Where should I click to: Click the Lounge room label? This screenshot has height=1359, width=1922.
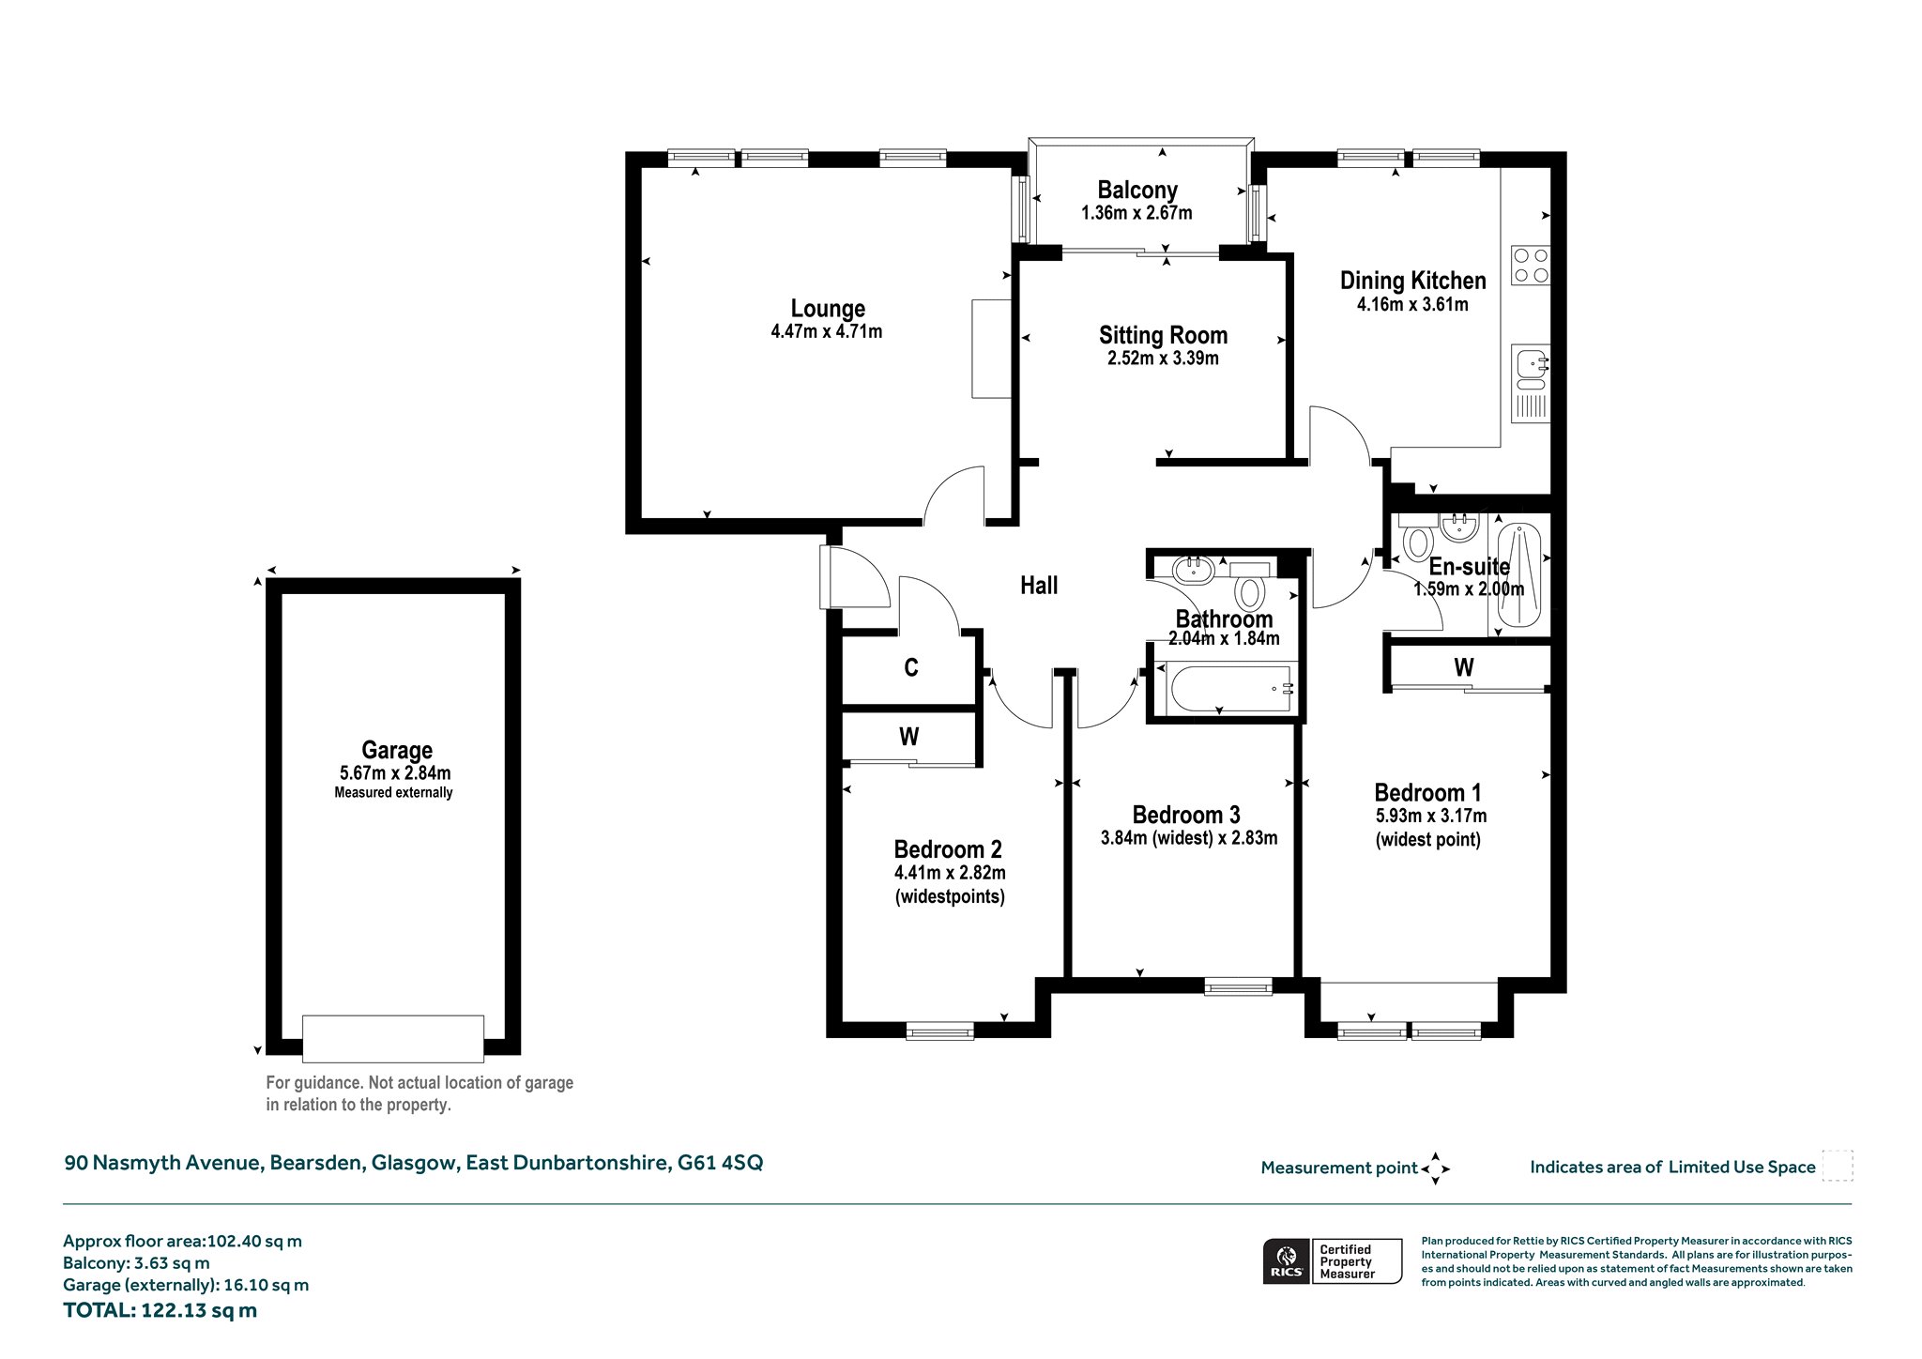(828, 309)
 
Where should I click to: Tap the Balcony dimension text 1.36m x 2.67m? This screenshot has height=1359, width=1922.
(1136, 213)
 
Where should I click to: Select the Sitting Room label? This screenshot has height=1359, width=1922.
(1163, 335)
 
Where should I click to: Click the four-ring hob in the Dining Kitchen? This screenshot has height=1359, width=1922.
(1530, 265)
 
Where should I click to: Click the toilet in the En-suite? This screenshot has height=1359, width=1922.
(1416, 540)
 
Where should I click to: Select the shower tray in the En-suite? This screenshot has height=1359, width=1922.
(1518, 575)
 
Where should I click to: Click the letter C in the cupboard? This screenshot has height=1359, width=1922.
(910, 668)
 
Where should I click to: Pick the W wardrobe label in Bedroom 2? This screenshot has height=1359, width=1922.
(908, 737)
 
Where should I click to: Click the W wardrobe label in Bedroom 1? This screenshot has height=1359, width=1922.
(1463, 667)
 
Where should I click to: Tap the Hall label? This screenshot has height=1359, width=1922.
(1039, 586)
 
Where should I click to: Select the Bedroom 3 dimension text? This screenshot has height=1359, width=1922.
(1188, 838)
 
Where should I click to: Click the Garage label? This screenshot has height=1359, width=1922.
(397, 750)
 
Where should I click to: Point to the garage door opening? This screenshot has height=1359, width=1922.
(393, 1038)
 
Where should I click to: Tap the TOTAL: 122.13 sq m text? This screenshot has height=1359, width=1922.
(160, 1310)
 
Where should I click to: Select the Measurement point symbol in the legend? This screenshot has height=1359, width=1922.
(1435, 1168)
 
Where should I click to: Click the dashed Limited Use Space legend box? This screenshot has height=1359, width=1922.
(1837, 1166)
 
